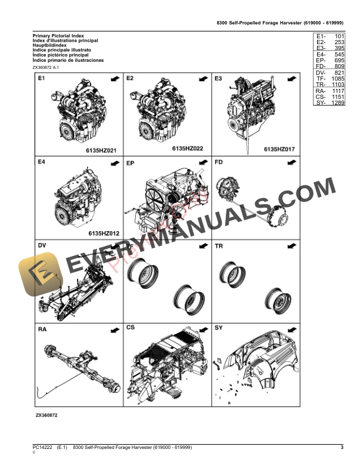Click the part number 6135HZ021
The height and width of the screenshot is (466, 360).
click(102, 151)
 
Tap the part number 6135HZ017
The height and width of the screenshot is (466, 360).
click(279, 149)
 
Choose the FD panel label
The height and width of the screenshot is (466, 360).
click(219, 162)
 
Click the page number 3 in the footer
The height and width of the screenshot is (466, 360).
click(342, 449)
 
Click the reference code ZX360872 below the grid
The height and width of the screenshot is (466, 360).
click(46, 415)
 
